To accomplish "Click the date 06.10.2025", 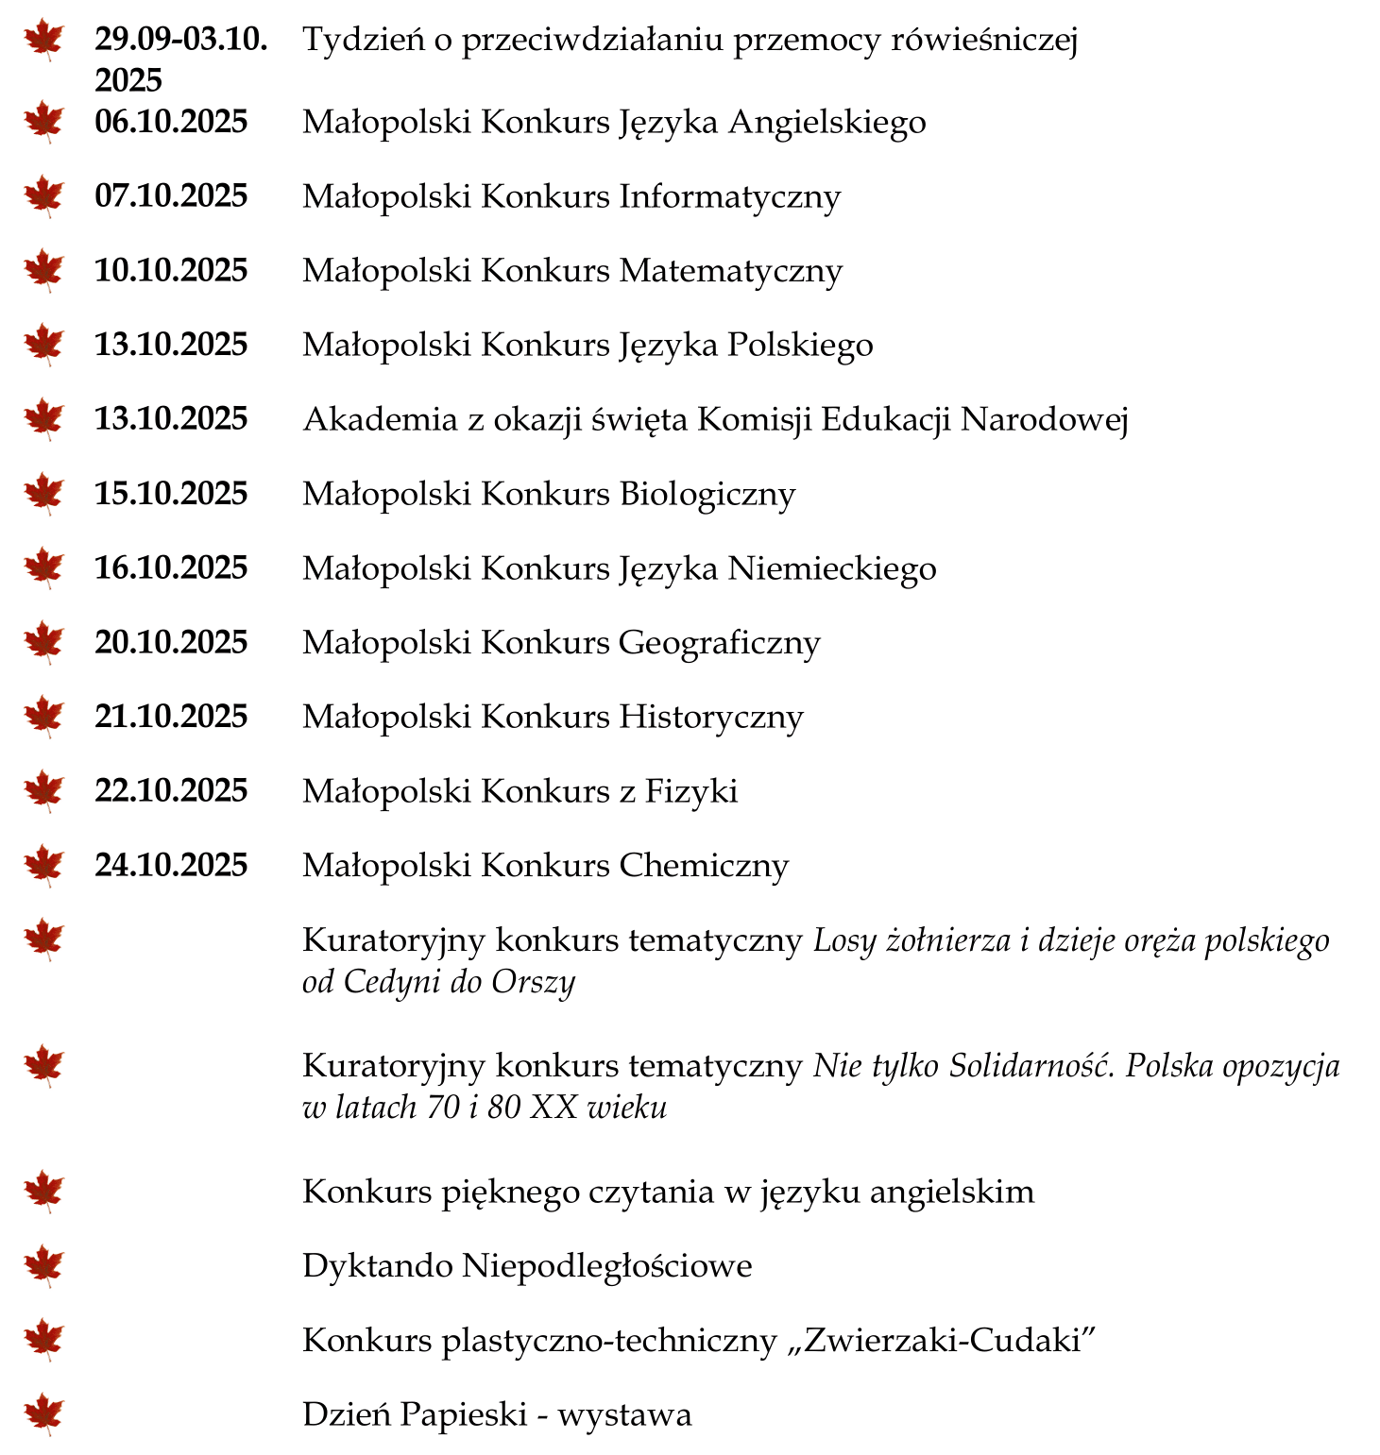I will (171, 122).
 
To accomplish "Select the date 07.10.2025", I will (171, 196).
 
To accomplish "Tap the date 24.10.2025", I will (171, 865).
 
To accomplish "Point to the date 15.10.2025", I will (171, 494).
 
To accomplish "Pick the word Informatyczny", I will (729, 197).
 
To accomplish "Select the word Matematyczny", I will (730, 272).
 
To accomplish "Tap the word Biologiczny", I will (707, 495).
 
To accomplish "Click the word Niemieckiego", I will (831, 568).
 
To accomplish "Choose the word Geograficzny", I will (719, 643).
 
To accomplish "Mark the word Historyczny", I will (710, 718).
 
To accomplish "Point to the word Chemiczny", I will (703, 866).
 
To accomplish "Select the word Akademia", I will (380, 419).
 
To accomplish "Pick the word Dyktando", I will (378, 1266).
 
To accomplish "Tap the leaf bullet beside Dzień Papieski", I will (43, 1414).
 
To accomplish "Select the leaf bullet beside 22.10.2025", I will (43, 790).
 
